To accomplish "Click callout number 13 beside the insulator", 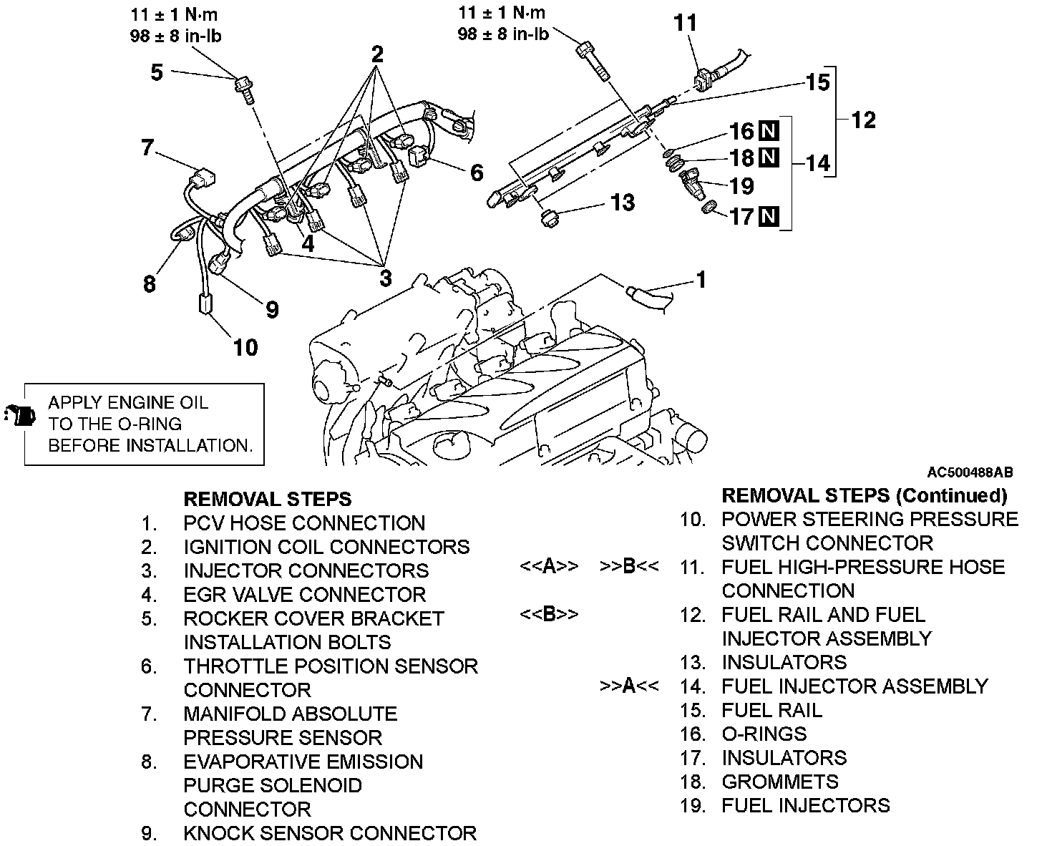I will point(623,203).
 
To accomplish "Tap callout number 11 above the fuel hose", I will point(685,23).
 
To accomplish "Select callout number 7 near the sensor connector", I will point(148,148).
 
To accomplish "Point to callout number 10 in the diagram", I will point(245,347).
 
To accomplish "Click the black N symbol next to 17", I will point(769,215).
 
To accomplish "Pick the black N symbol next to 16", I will point(769,131).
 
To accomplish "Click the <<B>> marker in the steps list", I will point(549,614).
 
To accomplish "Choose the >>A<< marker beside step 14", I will point(629,686).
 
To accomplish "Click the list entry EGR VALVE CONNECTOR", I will point(304,594).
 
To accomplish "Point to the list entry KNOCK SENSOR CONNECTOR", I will point(330,833).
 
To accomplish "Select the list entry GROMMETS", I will point(779,782).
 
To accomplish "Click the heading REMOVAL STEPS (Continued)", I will point(864,495).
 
